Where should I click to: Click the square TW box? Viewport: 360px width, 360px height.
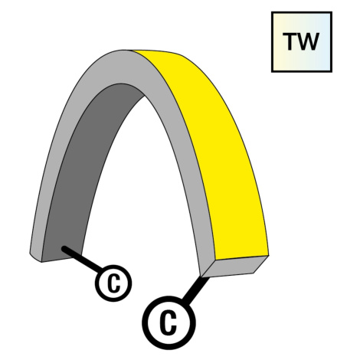[x=302, y=42]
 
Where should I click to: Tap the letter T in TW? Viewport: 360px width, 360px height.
[x=290, y=41]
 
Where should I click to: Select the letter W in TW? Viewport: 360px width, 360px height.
[x=308, y=41]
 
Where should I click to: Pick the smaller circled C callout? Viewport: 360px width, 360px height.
[x=113, y=283]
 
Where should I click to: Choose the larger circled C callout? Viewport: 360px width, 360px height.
[x=169, y=322]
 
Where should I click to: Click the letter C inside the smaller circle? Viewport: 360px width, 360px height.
[x=113, y=283]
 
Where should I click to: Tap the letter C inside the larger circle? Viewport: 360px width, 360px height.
[x=169, y=322]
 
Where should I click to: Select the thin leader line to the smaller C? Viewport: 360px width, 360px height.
[x=82, y=258]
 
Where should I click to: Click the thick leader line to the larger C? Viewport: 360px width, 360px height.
[x=195, y=289]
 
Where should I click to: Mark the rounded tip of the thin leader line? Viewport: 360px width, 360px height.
[x=64, y=248]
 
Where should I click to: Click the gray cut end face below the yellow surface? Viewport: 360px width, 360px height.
[x=235, y=267]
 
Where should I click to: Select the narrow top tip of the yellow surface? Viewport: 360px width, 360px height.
[x=136, y=51]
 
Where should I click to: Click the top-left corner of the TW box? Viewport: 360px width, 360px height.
[x=271, y=11]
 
